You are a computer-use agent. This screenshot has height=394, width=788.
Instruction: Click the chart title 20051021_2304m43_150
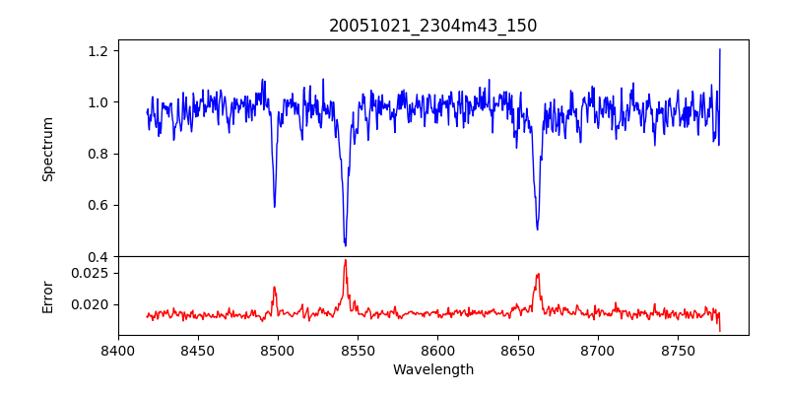pos(433,26)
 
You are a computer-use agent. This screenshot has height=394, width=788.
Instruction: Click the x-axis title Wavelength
pos(433,370)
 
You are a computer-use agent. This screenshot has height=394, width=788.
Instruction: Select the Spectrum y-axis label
pos(48,149)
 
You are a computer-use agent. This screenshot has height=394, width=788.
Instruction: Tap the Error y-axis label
pos(48,296)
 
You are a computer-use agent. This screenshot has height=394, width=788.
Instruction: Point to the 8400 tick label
pos(118,349)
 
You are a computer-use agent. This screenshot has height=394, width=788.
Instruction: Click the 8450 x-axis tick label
pos(198,349)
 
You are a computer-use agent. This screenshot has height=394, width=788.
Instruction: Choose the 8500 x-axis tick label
pos(278,349)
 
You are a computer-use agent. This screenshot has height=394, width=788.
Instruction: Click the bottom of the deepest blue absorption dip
pos(345,245)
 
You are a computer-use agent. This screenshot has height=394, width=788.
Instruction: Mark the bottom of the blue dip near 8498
pos(274,206)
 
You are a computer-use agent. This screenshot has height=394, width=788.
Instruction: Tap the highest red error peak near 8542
pos(345,260)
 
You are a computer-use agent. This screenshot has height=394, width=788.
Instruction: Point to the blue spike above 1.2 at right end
pos(720,49)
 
